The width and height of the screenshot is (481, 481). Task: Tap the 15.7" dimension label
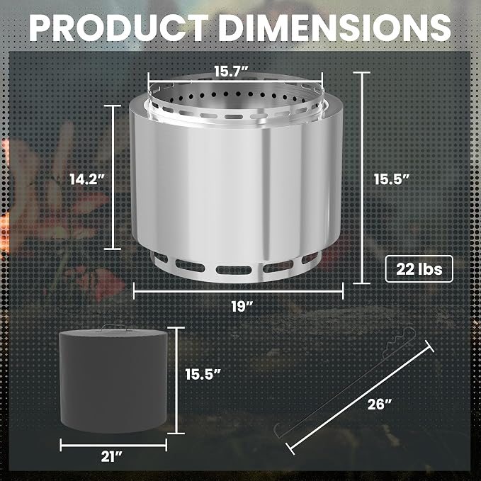tap(231, 72)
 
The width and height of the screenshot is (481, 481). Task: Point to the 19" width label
tap(242, 306)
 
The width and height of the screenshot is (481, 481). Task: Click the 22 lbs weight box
tap(419, 268)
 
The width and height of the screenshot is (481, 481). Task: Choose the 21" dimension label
tap(112, 457)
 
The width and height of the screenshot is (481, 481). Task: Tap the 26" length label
tap(380, 404)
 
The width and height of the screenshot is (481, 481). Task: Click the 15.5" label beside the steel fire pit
tap(392, 179)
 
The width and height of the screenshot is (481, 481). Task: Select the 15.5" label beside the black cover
tap(203, 374)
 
